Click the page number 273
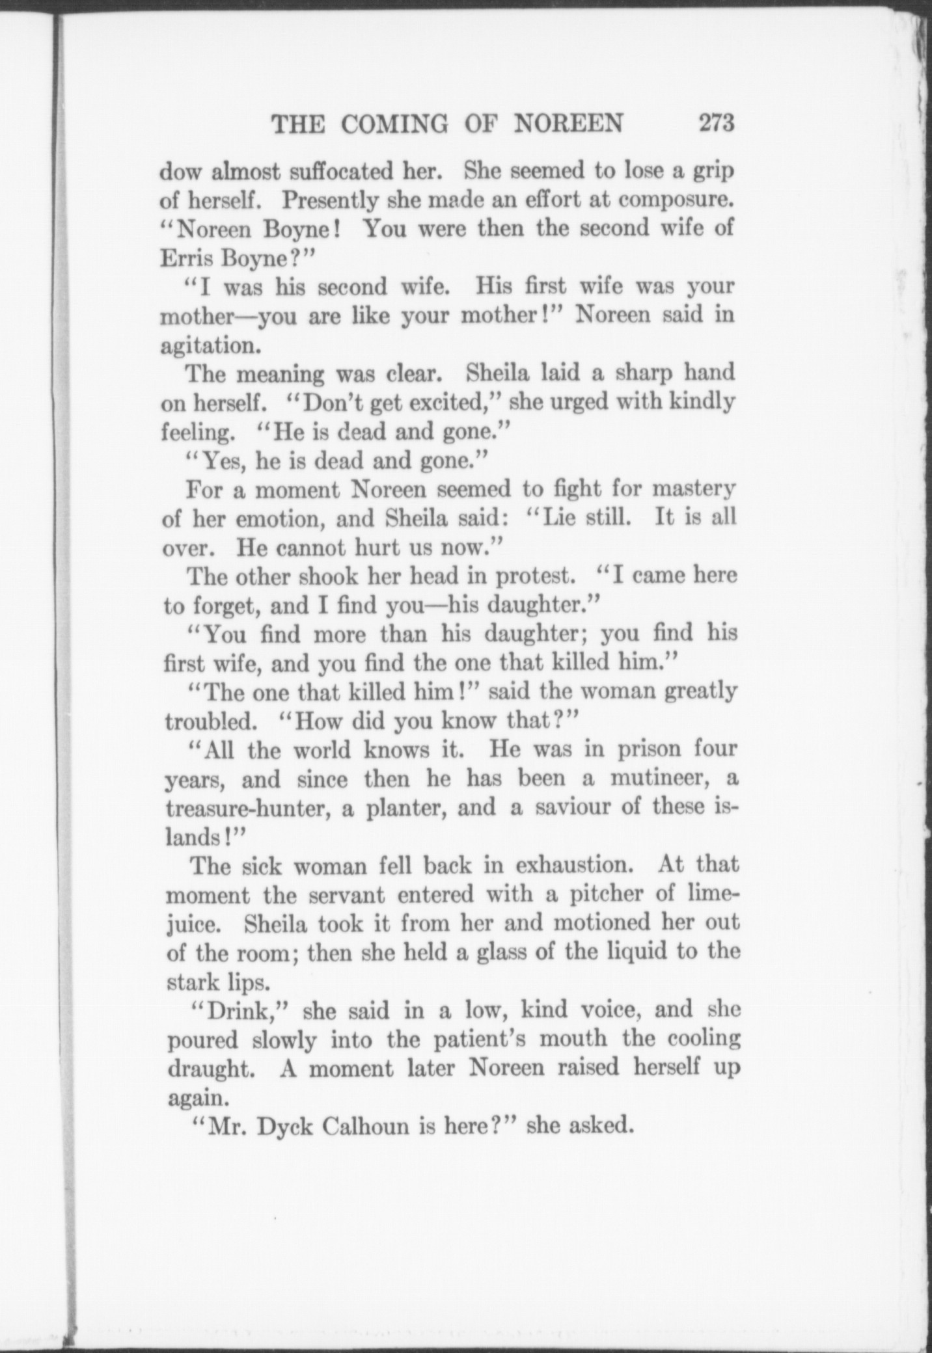[x=716, y=123]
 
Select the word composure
[x=676, y=201]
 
